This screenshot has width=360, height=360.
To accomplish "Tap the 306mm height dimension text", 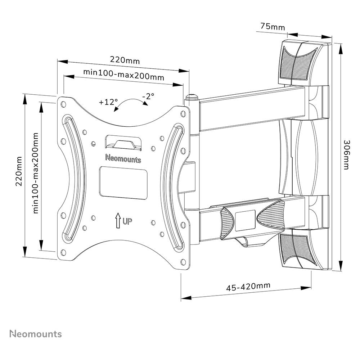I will tap(346, 155).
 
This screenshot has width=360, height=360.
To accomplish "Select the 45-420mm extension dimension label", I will tap(248, 287).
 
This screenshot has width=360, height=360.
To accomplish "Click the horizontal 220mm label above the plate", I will tap(125, 60).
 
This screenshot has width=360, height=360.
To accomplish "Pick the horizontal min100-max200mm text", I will tap(123, 75).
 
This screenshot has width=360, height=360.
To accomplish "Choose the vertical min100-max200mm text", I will tap(36, 173).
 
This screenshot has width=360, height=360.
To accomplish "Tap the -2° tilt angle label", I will tap(148, 96).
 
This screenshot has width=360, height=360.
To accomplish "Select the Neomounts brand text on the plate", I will tap(123, 158).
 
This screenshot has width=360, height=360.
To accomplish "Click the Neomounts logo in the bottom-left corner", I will tap(35, 334).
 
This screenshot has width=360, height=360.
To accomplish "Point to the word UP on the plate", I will tap(127, 221).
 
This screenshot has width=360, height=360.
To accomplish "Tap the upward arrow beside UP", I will tap(118, 220).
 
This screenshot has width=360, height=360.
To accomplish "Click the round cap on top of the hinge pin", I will tap(192, 97).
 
